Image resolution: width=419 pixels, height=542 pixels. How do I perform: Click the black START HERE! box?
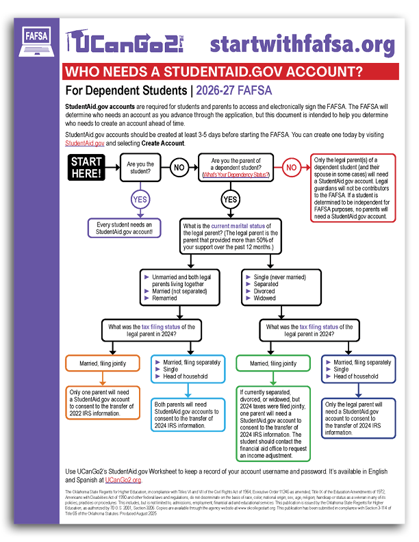[x=86, y=167]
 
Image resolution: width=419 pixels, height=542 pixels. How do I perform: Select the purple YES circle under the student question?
[x=139, y=200]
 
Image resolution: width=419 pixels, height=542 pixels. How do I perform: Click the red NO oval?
[x=292, y=167]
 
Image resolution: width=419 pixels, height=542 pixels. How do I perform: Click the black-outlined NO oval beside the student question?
[x=179, y=167]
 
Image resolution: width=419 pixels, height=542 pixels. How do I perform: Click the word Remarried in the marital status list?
[x=166, y=299]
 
